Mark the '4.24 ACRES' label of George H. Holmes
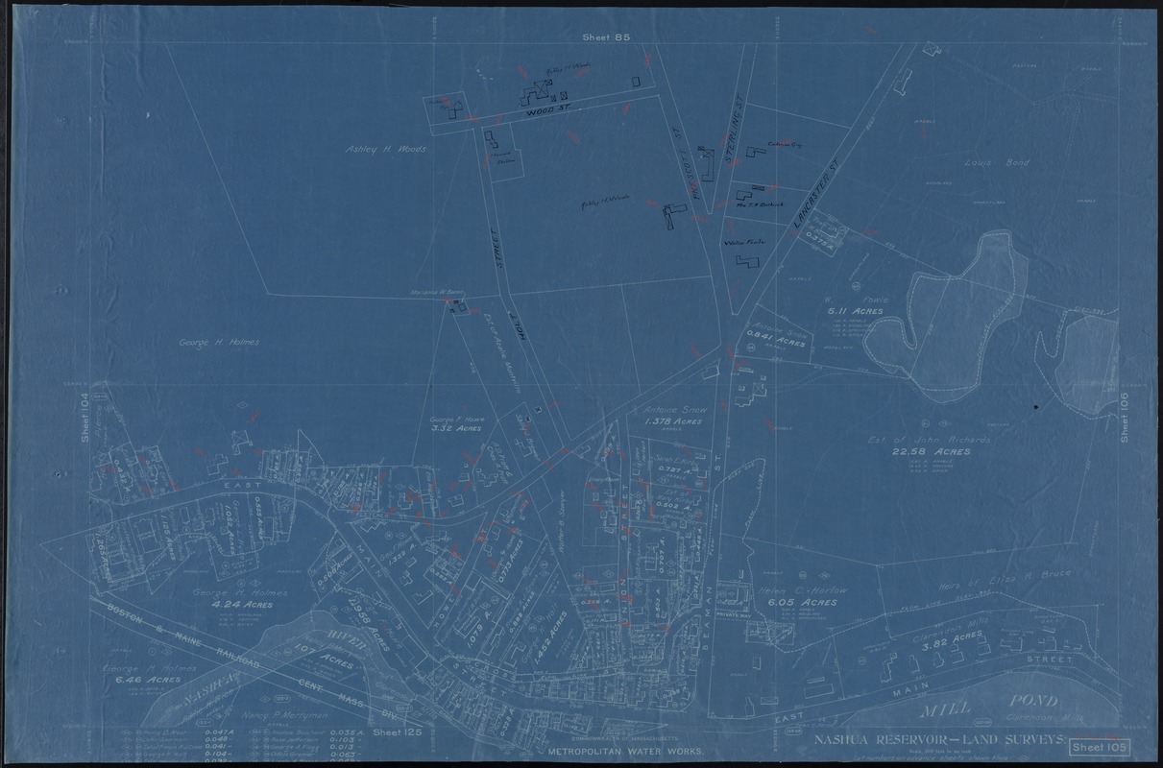(254, 606)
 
